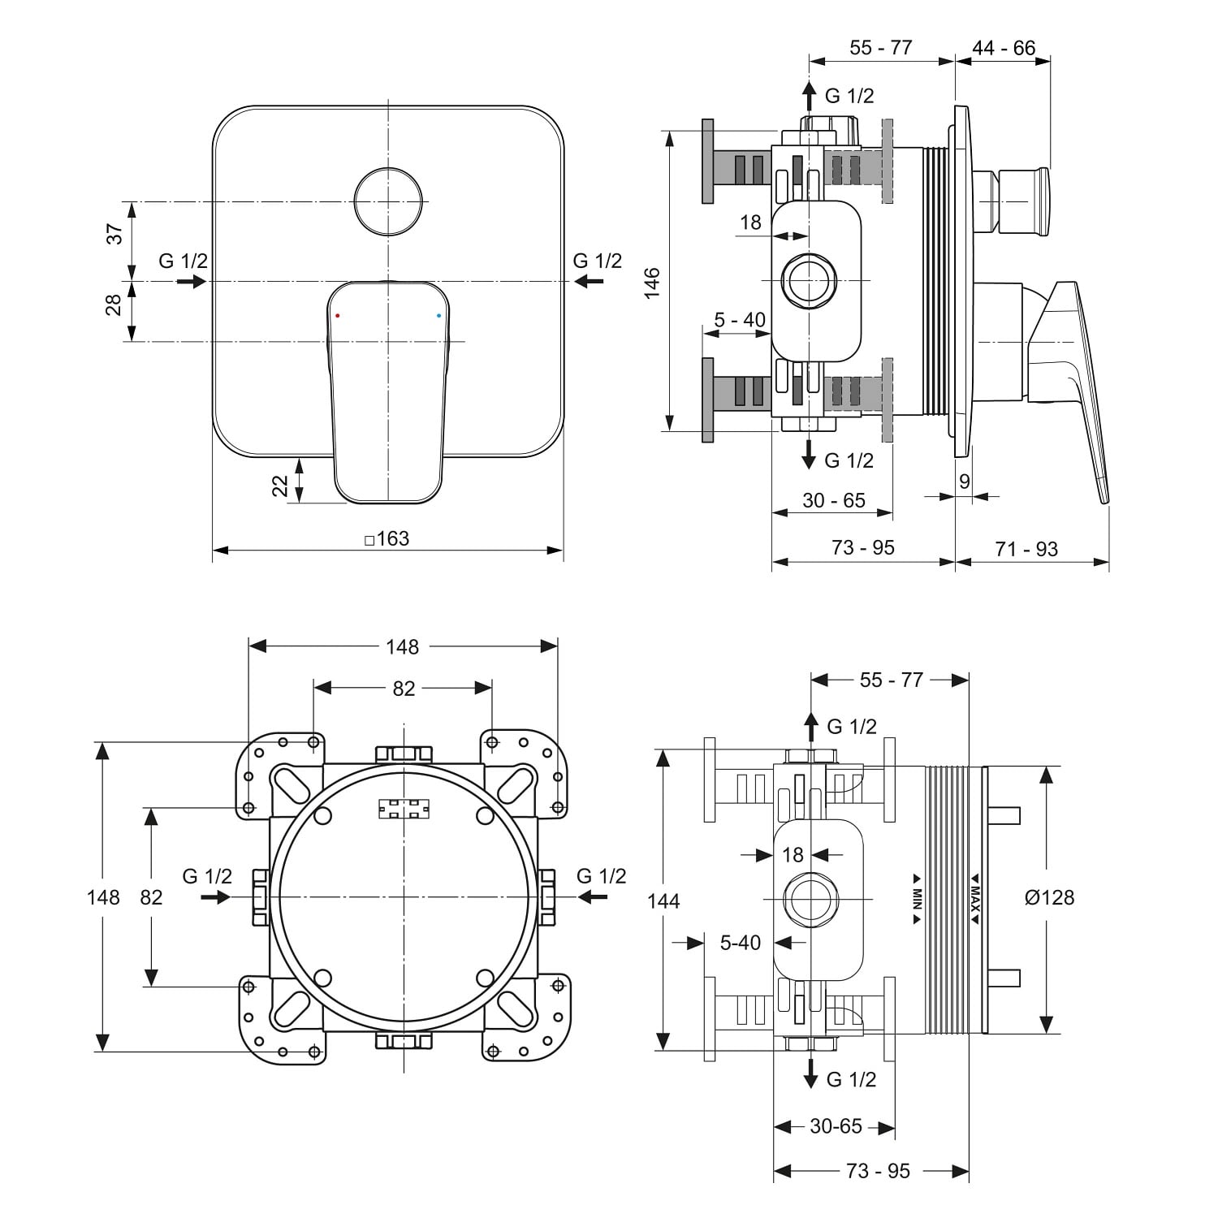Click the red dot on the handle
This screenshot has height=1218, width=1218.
tap(338, 314)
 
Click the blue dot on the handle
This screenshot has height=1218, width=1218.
tap(439, 314)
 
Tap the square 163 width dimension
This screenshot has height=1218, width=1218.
tap(387, 538)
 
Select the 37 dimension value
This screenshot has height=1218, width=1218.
tap(116, 234)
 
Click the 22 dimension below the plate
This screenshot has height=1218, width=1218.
tap(280, 486)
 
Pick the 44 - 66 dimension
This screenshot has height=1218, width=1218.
tap(1004, 48)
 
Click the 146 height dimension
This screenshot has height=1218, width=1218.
tap(653, 283)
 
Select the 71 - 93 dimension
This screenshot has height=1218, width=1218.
tap(1026, 550)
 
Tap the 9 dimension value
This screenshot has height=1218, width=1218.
tap(965, 482)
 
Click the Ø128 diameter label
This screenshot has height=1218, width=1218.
tap(1049, 897)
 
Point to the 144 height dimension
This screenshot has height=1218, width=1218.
tap(664, 901)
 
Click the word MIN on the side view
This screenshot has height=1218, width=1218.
tap(916, 898)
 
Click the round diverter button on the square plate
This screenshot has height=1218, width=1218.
tap(389, 201)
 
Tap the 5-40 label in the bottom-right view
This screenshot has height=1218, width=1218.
tap(741, 943)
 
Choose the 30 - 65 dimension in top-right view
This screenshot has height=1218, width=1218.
tap(834, 501)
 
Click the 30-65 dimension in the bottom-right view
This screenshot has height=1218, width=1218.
tap(836, 1126)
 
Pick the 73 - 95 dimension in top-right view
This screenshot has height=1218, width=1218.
tap(862, 548)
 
